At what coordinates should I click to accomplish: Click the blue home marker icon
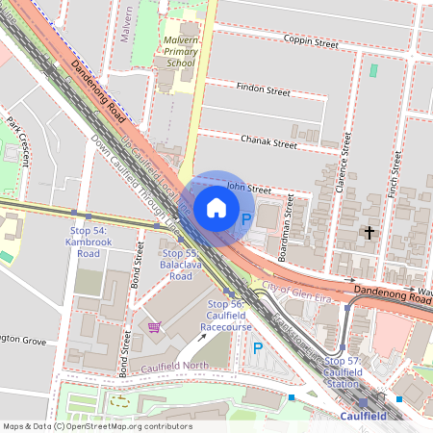216,208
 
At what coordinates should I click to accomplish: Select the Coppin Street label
312,42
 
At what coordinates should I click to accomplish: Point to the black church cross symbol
368,232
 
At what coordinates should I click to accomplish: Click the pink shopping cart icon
153,328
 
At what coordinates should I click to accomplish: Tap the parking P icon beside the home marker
245,220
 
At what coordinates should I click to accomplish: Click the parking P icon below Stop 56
257,347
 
